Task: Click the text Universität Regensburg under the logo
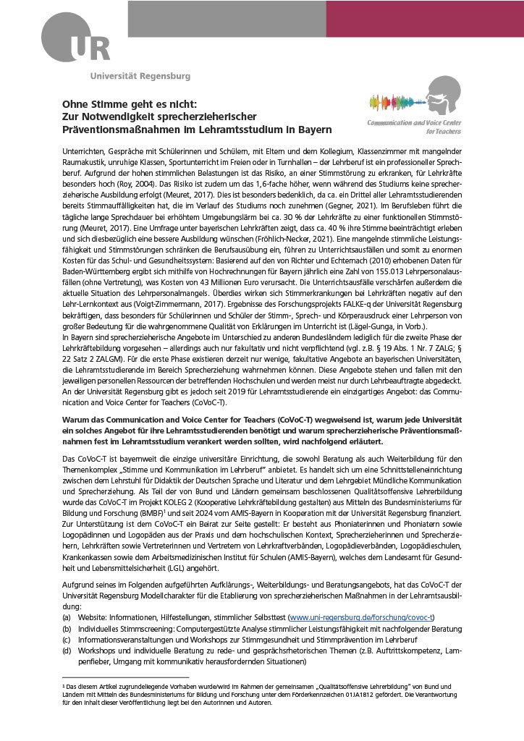[x=140, y=75]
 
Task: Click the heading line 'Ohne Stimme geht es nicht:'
[x=135, y=104]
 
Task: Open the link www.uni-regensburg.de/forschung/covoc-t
[x=361, y=617]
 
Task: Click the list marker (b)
[x=67, y=629]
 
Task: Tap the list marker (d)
[x=67, y=651]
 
